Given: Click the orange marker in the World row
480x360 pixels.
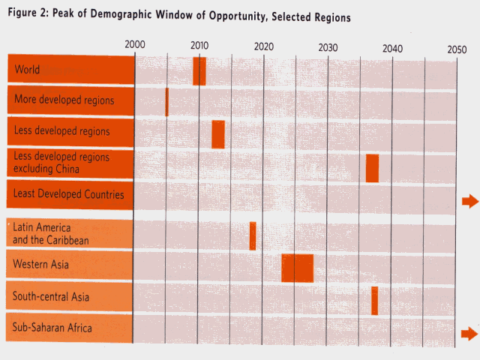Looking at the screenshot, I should point(199,70).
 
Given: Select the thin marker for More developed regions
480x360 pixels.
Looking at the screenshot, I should point(166,102).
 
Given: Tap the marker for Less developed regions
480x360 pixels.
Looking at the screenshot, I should point(218,134).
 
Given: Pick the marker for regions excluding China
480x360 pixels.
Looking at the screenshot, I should point(372,167).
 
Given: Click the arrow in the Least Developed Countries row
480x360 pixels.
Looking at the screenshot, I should point(469,200).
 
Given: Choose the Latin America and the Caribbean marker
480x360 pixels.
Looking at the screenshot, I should point(253,235).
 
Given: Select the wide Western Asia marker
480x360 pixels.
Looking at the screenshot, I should point(297,268).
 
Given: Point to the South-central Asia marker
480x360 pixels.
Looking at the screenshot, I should point(374,300).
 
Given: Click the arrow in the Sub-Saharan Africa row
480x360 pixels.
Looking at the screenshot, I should point(469,333).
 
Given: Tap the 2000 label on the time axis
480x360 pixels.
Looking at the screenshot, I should point(135,45).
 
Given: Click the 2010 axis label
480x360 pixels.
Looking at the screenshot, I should point(199,45).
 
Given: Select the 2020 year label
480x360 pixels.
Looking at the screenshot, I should point(264,47).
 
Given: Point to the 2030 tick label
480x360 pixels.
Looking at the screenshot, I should point(328,47).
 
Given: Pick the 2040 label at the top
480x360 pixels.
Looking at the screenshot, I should point(392,49).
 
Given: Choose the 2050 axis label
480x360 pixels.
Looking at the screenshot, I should point(457,49).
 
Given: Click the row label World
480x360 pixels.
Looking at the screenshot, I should point(26,70).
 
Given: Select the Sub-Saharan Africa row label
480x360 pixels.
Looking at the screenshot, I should point(52,327).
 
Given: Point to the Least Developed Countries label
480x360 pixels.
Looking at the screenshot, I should point(68,195).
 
